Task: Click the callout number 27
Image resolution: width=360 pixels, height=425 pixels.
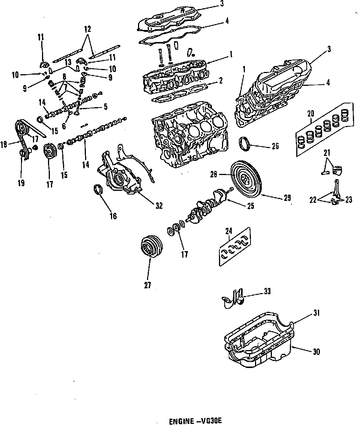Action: [148, 285]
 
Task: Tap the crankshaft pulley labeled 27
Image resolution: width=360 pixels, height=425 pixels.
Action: [152, 247]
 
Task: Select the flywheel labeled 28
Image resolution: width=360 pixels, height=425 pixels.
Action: [247, 178]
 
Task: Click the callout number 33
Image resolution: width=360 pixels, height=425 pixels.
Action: [267, 291]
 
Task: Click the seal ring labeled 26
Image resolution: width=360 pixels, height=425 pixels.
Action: [244, 144]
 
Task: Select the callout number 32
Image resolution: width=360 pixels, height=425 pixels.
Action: [159, 205]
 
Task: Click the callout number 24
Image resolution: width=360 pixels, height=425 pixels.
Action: [229, 231]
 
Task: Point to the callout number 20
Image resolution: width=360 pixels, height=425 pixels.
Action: [311, 114]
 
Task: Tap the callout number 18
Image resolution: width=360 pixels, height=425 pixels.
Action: [4, 144]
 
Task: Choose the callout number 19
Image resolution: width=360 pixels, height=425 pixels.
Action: [21, 183]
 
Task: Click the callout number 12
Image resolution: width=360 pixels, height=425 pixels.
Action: [87, 29]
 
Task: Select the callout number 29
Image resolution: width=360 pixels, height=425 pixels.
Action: [287, 198]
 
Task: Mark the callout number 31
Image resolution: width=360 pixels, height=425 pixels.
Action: [316, 313]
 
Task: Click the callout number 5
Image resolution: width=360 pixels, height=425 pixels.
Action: [105, 106]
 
